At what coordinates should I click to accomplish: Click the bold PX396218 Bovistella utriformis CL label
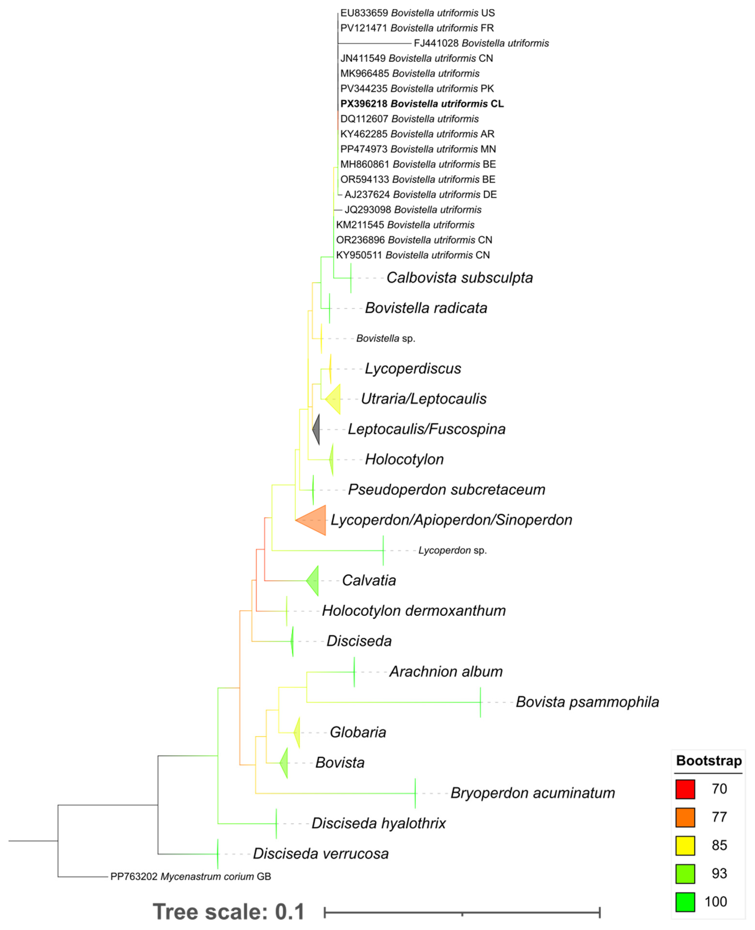point(422,104)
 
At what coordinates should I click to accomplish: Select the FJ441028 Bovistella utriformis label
point(481,43)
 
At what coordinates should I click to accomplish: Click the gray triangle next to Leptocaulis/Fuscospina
point(317,429)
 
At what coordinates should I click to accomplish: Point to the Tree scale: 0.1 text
point(229,911)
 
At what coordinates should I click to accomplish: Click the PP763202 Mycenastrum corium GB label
point(191,876)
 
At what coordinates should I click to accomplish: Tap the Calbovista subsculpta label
point(459,278)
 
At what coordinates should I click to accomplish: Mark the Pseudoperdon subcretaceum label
point(446,489)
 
